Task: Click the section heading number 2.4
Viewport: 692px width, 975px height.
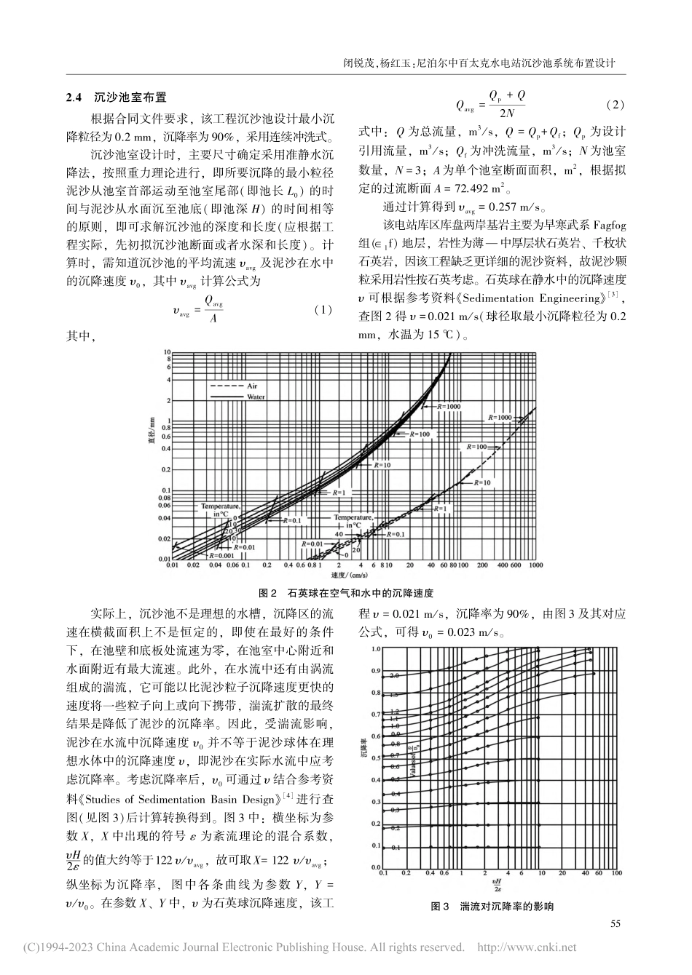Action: tap(74, 96)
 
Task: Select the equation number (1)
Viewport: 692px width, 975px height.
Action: tap(321, 309)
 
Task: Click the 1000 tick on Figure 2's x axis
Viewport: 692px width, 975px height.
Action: tap(537, 565)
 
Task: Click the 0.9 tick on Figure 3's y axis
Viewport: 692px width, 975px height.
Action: tap(376, 671)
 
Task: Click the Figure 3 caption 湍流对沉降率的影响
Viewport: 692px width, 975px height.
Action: tap(492, 907)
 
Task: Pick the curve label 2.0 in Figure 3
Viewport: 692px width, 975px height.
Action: tap(394, 677)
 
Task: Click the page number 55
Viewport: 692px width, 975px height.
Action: tap(615, 924)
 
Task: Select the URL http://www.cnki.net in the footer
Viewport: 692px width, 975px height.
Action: tap(526, 947)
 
